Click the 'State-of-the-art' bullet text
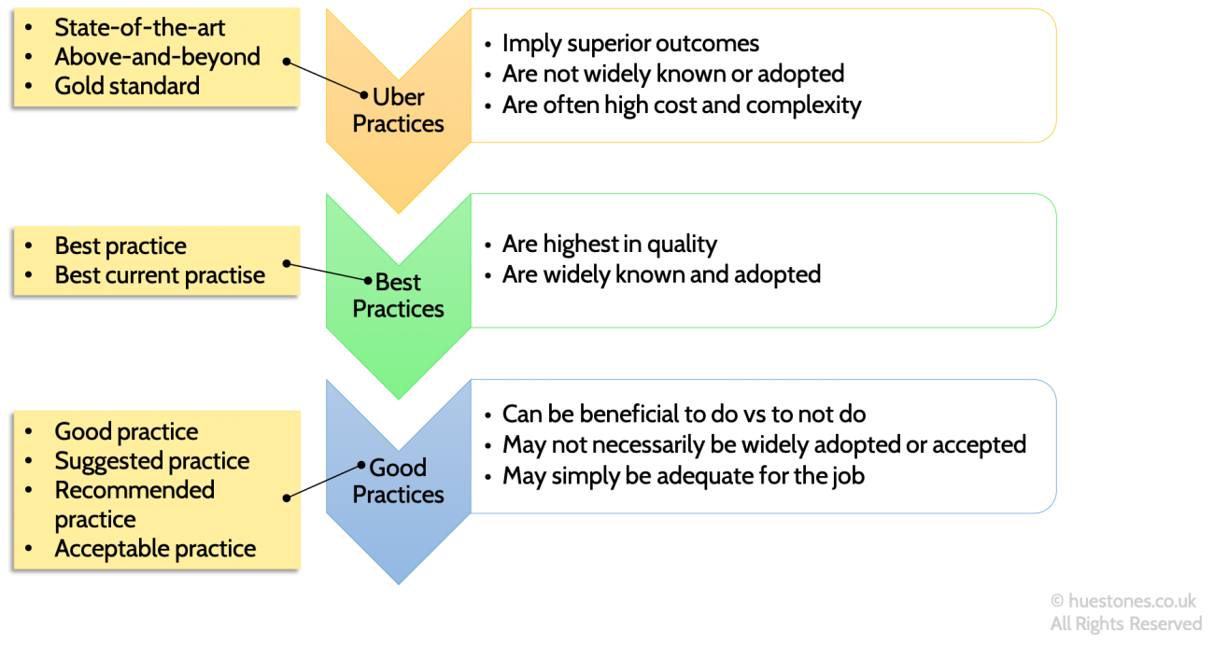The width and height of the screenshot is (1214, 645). [139, 28]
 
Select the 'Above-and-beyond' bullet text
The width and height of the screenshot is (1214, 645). [157, 57]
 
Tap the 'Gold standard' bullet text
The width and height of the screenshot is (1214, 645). [127, 86]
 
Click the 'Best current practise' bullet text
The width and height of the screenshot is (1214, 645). [160, 275]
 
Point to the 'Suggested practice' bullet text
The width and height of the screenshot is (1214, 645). [151, 461]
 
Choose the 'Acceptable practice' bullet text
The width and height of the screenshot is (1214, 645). [155, 549]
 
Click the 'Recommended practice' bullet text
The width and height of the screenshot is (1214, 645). [134, 504]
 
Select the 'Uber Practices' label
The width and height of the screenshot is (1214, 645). [399, 110]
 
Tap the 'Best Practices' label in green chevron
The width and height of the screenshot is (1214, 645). [399, 295]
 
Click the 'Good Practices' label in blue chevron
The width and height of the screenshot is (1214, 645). [399, 481]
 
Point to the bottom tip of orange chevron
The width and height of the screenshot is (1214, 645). [399, 213]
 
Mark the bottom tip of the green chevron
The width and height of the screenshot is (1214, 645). [399, 399]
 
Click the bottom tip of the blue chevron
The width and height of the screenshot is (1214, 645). [399, 583]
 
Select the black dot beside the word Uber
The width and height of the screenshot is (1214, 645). [365, 95]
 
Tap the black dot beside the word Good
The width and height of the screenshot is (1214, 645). [361, 466]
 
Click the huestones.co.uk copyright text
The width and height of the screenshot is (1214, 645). [1122, 601]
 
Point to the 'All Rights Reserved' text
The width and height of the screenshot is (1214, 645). [1125, 623]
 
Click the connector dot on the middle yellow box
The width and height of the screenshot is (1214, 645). [287, 264]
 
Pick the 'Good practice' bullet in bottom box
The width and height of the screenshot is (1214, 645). [126, 432]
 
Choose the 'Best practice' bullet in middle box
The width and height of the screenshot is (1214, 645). [120, 246]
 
